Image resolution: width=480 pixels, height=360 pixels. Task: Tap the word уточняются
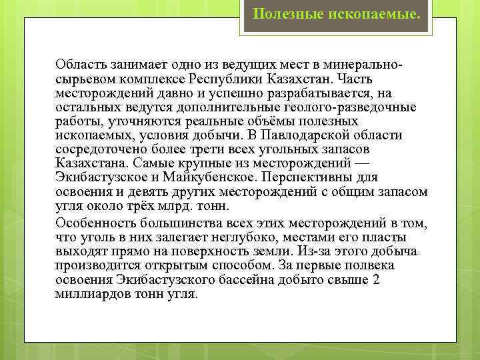(x=131, y=121)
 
